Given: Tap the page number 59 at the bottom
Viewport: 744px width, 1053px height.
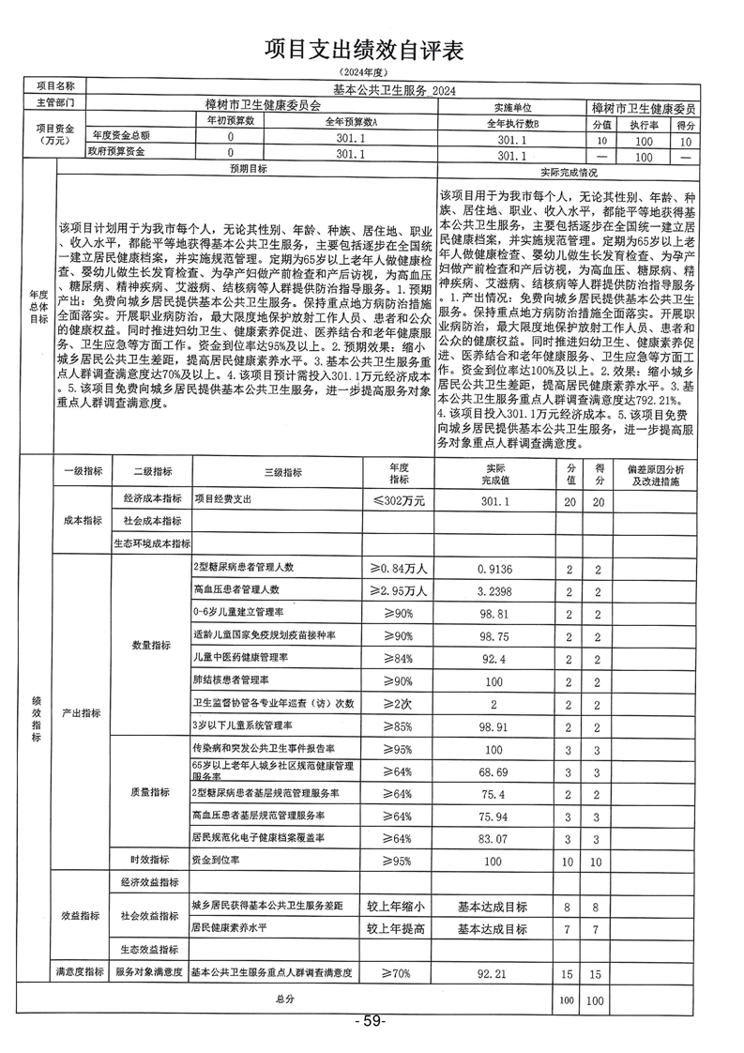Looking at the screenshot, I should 372,1020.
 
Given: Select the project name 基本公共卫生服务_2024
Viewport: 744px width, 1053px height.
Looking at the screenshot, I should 380,90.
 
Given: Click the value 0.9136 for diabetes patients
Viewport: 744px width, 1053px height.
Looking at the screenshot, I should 493,568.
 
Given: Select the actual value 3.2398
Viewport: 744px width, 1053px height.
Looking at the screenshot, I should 493,591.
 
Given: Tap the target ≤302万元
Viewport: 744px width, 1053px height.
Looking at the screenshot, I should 399,501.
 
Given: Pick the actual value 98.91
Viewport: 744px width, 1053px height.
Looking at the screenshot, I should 493,726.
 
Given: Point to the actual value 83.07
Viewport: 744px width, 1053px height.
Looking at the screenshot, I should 493,837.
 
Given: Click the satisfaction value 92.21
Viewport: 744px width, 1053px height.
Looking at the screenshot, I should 493,974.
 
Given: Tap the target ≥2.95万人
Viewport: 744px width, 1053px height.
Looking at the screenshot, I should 399,591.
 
